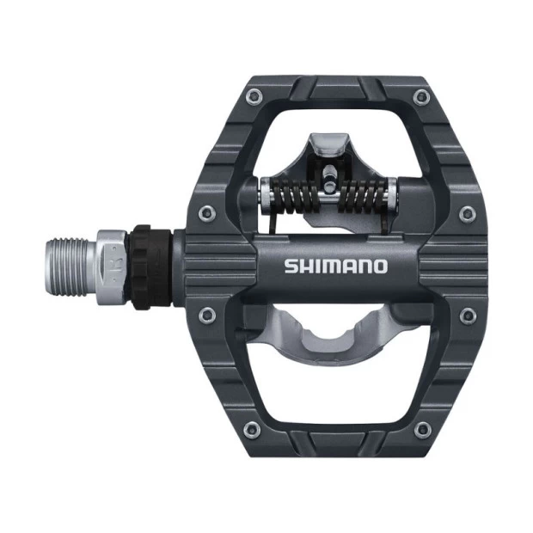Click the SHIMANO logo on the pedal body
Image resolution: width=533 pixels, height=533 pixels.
336,266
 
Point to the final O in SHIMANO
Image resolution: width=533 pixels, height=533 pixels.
379,266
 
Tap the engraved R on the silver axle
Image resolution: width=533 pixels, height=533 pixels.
112,259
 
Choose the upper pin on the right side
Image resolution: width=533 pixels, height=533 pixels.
467,212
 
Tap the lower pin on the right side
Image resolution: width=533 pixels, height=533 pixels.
467,316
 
